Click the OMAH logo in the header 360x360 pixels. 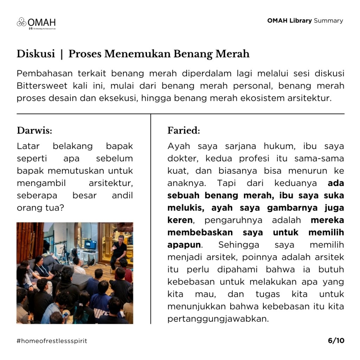36,23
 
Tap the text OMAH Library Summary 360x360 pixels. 305,20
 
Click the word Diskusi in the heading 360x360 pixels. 36,54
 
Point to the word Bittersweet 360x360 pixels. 39,86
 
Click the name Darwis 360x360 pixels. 34,131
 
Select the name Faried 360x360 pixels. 184,131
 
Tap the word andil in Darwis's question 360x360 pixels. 122,195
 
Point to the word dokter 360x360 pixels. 182,159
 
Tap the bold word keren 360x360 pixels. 180,220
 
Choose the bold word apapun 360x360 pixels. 184,245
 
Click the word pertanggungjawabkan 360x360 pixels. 218,319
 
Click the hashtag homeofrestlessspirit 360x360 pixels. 52,341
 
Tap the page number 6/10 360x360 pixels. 336,341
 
